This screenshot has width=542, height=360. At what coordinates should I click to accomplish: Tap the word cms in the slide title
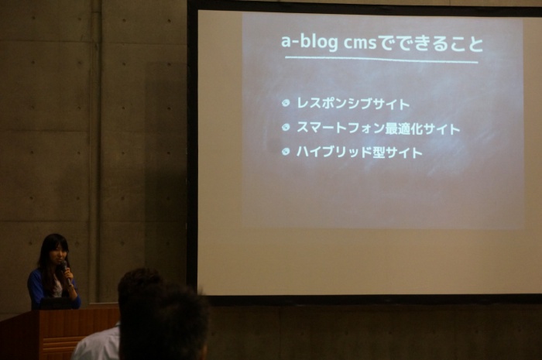(354, 43)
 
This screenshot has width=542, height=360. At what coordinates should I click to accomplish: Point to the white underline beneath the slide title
(382, 60)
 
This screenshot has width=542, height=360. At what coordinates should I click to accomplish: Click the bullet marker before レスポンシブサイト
(286, 103)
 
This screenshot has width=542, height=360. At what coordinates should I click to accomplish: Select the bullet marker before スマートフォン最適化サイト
(286, 128)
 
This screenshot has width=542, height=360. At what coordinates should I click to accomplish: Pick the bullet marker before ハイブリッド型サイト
(286, 152)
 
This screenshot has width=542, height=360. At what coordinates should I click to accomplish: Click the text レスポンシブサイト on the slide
(353, 104)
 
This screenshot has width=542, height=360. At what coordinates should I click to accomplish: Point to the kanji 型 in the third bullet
(379, 153)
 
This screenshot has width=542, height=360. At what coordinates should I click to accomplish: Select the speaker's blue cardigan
(52, 290)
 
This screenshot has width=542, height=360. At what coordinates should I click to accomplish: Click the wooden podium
(59, 334)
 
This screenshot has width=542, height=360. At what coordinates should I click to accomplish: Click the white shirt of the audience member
(97, 344)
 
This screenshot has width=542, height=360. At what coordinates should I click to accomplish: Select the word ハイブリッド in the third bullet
(334, 152)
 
